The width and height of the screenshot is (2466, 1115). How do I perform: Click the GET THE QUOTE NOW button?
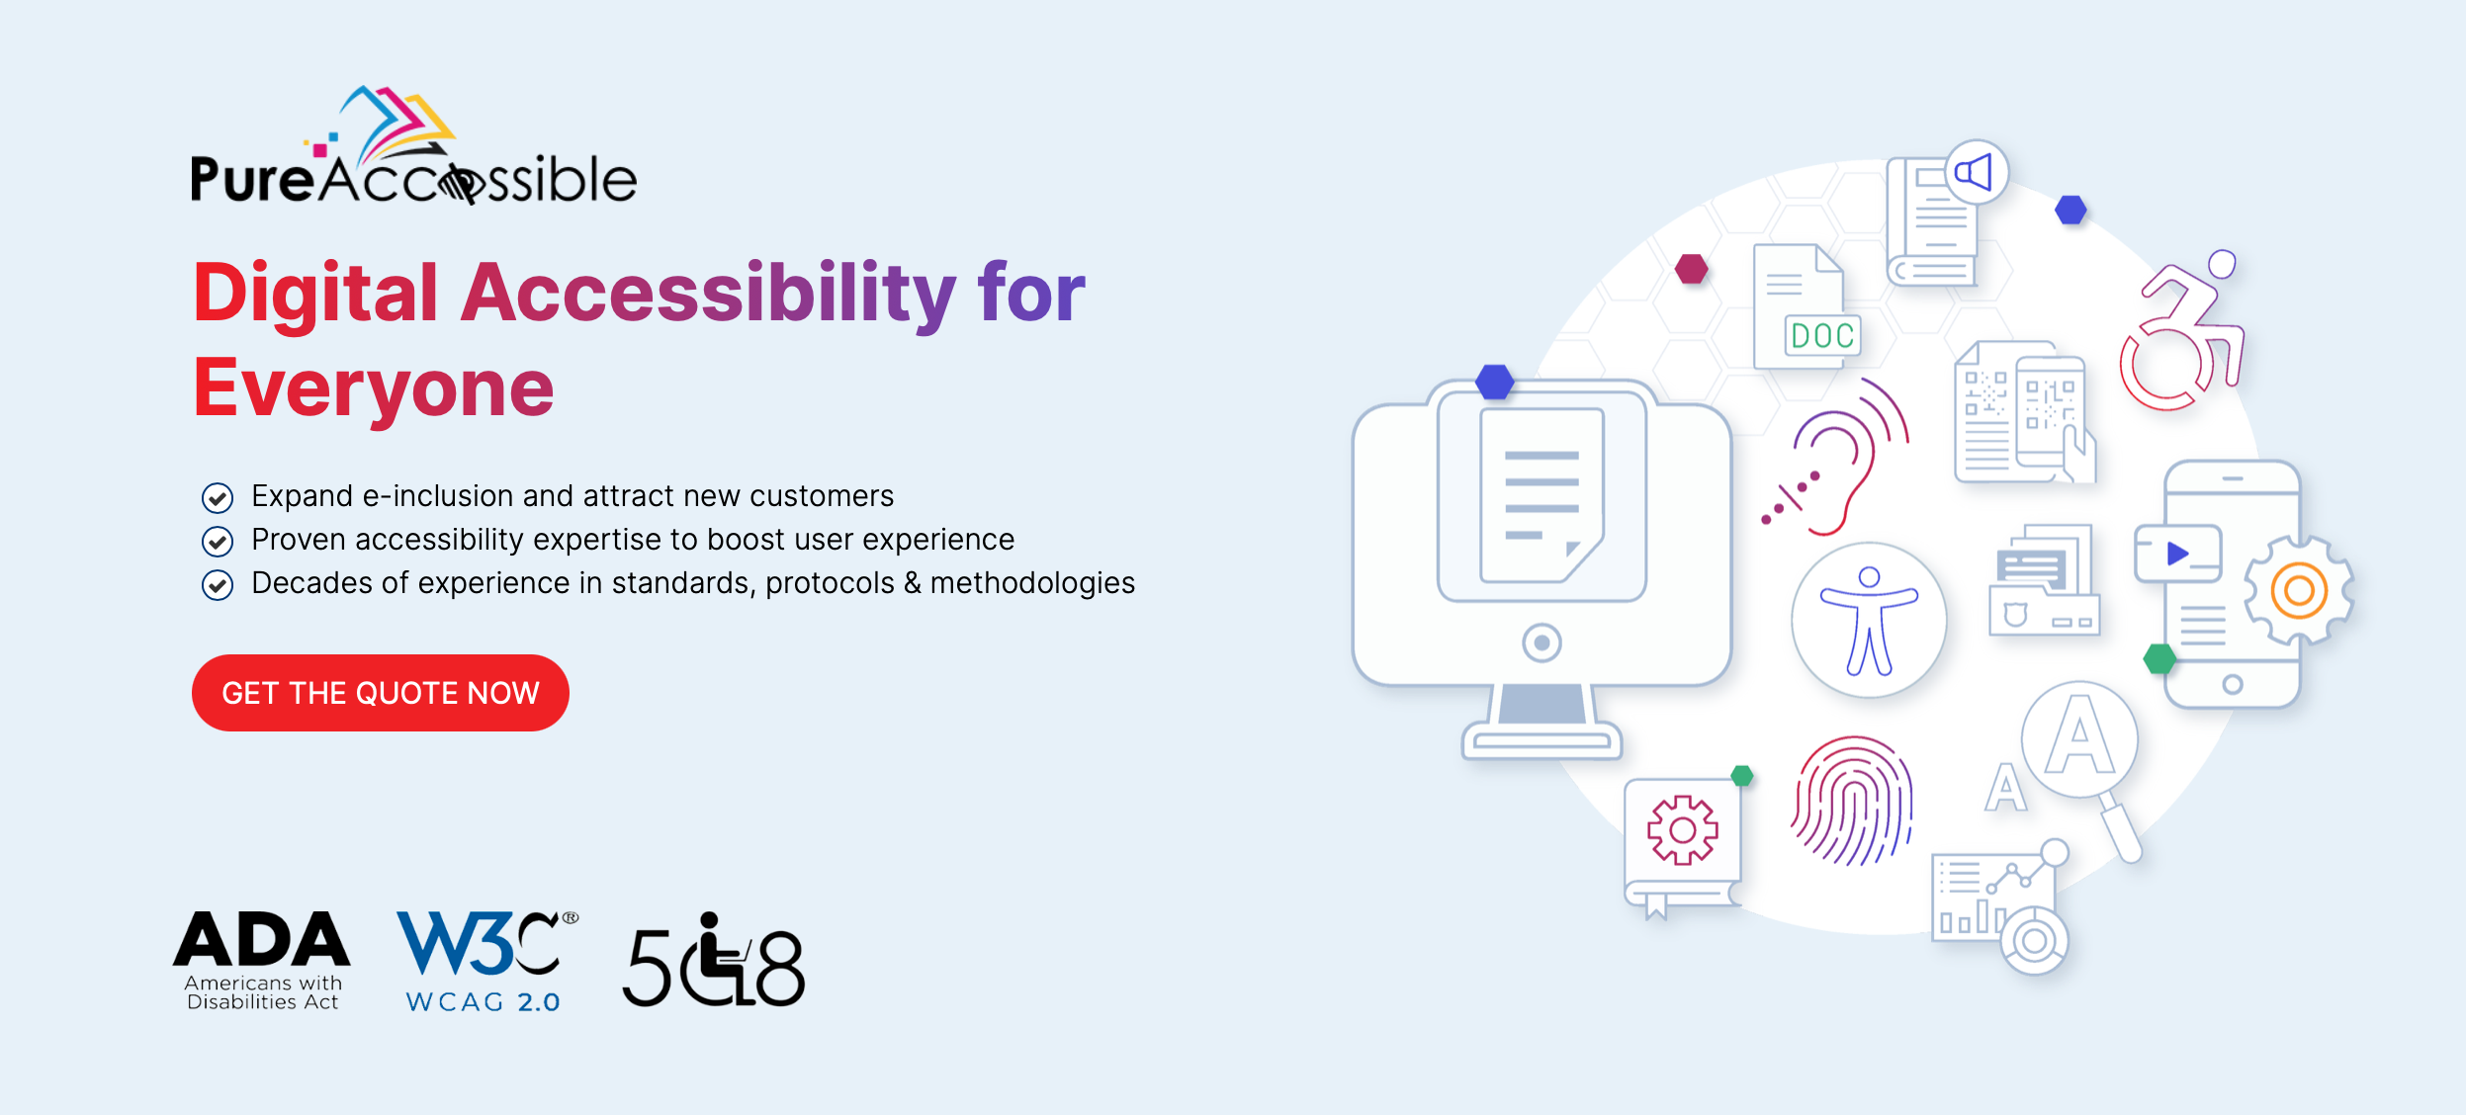pyautogui.click(x=380, y=693)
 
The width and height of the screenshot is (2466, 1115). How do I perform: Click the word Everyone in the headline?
pyautogui.click(x=374, y=387)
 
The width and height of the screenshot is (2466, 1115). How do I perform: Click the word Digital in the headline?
pyautogui.click(x=315, y=293)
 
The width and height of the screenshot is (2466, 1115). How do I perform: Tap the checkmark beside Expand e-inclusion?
pyautogui.click(x=218, y=497)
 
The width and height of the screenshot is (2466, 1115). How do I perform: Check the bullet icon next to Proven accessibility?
pyautogui.click(x=218, y=541)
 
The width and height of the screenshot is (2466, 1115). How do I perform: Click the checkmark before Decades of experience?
pyautogui.click(x=218, y=585)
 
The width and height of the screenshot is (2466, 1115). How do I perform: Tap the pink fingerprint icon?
pyautogui.click(x=1852, y=801)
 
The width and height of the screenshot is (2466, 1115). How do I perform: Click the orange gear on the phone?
pyautogui.click(x=2299, y=590)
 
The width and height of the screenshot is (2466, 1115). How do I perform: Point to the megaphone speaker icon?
pyautogui.click(x=1976, y=173)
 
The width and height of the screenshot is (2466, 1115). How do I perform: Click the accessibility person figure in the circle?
pyautogui.click(x=1868, y=621)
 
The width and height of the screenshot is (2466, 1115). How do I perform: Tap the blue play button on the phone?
pyautogui.click(x=2177, y=554)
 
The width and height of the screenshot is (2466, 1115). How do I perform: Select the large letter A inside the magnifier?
pyautogui.click(x=2079, y=737)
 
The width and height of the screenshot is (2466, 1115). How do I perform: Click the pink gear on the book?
pyautogui.click(x=1682, y=830)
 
